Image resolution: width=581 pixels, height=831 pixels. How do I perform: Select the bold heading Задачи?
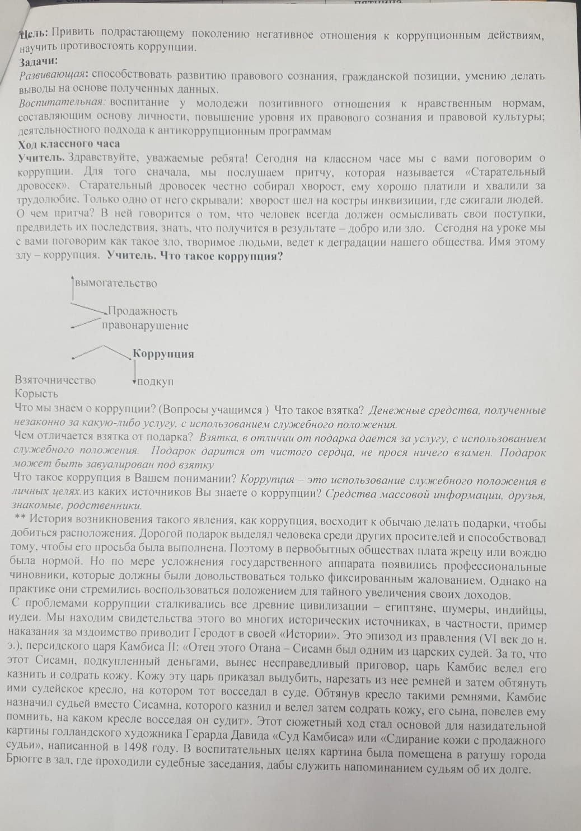pyautogui.click(x=39, y=62)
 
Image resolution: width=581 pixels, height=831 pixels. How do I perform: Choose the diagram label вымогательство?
pyautogui.click(x=115, y=284)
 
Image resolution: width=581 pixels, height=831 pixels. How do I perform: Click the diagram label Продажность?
pyautogui.click(x=142, y=311)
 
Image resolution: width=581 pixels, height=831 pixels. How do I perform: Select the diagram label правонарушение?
pyautogui.click(x=145, y=325)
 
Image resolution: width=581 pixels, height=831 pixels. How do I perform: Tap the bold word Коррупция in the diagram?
pyautogui.click(x=163, y=354)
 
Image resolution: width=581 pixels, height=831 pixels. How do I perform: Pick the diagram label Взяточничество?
pyautogui.click(x=55, y=380)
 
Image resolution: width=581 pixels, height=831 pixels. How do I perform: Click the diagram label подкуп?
pyautogui.click(x=155, y=382)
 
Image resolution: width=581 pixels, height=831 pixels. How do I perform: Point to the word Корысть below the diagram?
pyautogui.click(x=36, y=394)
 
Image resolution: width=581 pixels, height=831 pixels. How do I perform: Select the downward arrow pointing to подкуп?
pyautogui.click(x=134, y=370)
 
